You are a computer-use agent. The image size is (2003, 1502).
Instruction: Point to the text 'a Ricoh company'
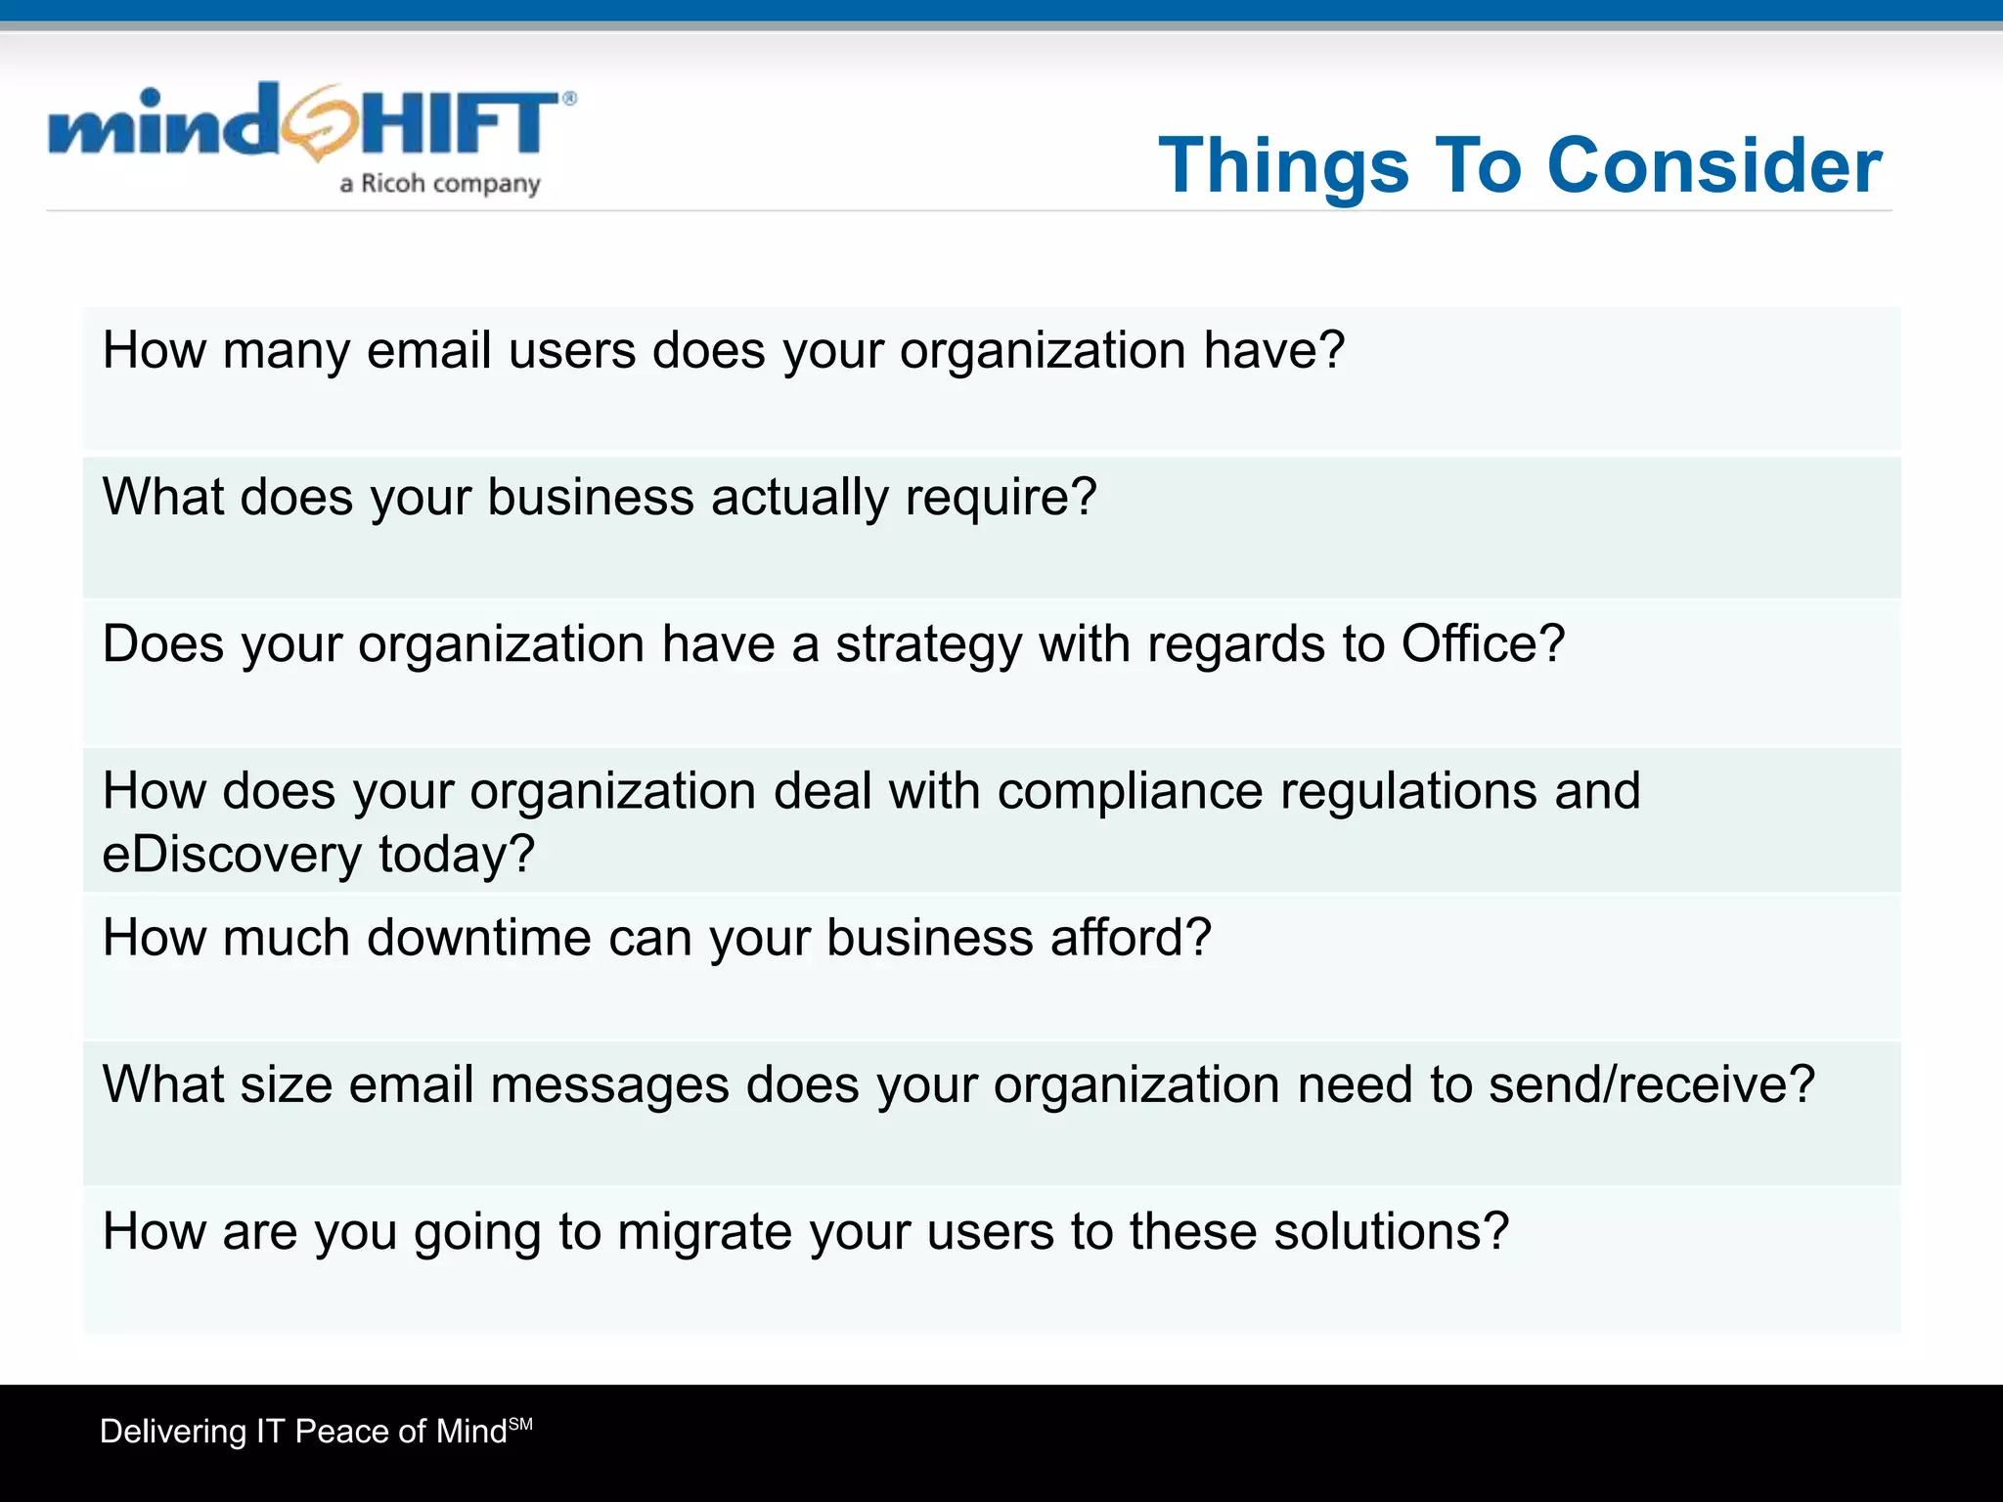click(x=439, y=184)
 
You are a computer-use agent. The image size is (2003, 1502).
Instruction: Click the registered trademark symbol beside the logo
click(x=569, y=98)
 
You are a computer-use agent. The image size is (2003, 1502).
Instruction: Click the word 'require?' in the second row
click(x=1001, y=499)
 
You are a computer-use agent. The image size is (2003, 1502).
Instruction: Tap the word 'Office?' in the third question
click(x=1483, y=644)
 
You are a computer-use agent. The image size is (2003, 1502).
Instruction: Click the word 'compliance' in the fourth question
click(x=1130, y=791)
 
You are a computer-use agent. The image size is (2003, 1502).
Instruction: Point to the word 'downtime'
click(x=479, y=938)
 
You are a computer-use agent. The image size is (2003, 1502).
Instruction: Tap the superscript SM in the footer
click(x=521, y=1424)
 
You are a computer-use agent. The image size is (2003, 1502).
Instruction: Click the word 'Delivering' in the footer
click(x=173, y=1433)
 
